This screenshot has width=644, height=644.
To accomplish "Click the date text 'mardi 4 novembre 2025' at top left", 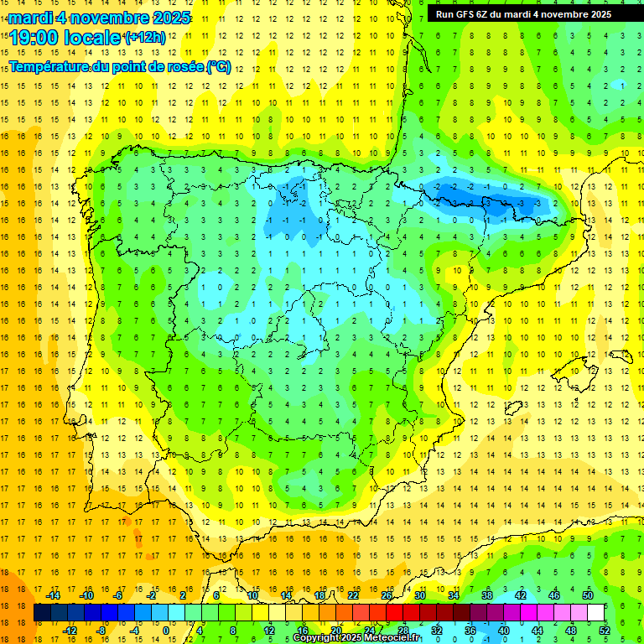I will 99,18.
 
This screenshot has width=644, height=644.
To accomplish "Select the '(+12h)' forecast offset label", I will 144,38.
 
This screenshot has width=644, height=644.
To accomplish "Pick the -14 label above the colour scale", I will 54,595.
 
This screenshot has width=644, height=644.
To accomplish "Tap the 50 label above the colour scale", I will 588,595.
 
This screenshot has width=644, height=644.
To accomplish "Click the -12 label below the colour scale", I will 70,631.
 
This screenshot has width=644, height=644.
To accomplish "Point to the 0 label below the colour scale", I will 166,631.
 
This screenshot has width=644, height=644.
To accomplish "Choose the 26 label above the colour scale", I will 387,595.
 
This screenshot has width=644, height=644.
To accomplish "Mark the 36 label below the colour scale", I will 470,631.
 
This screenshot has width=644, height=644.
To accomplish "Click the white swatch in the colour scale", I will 596,613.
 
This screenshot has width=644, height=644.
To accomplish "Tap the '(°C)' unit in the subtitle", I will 220,66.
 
